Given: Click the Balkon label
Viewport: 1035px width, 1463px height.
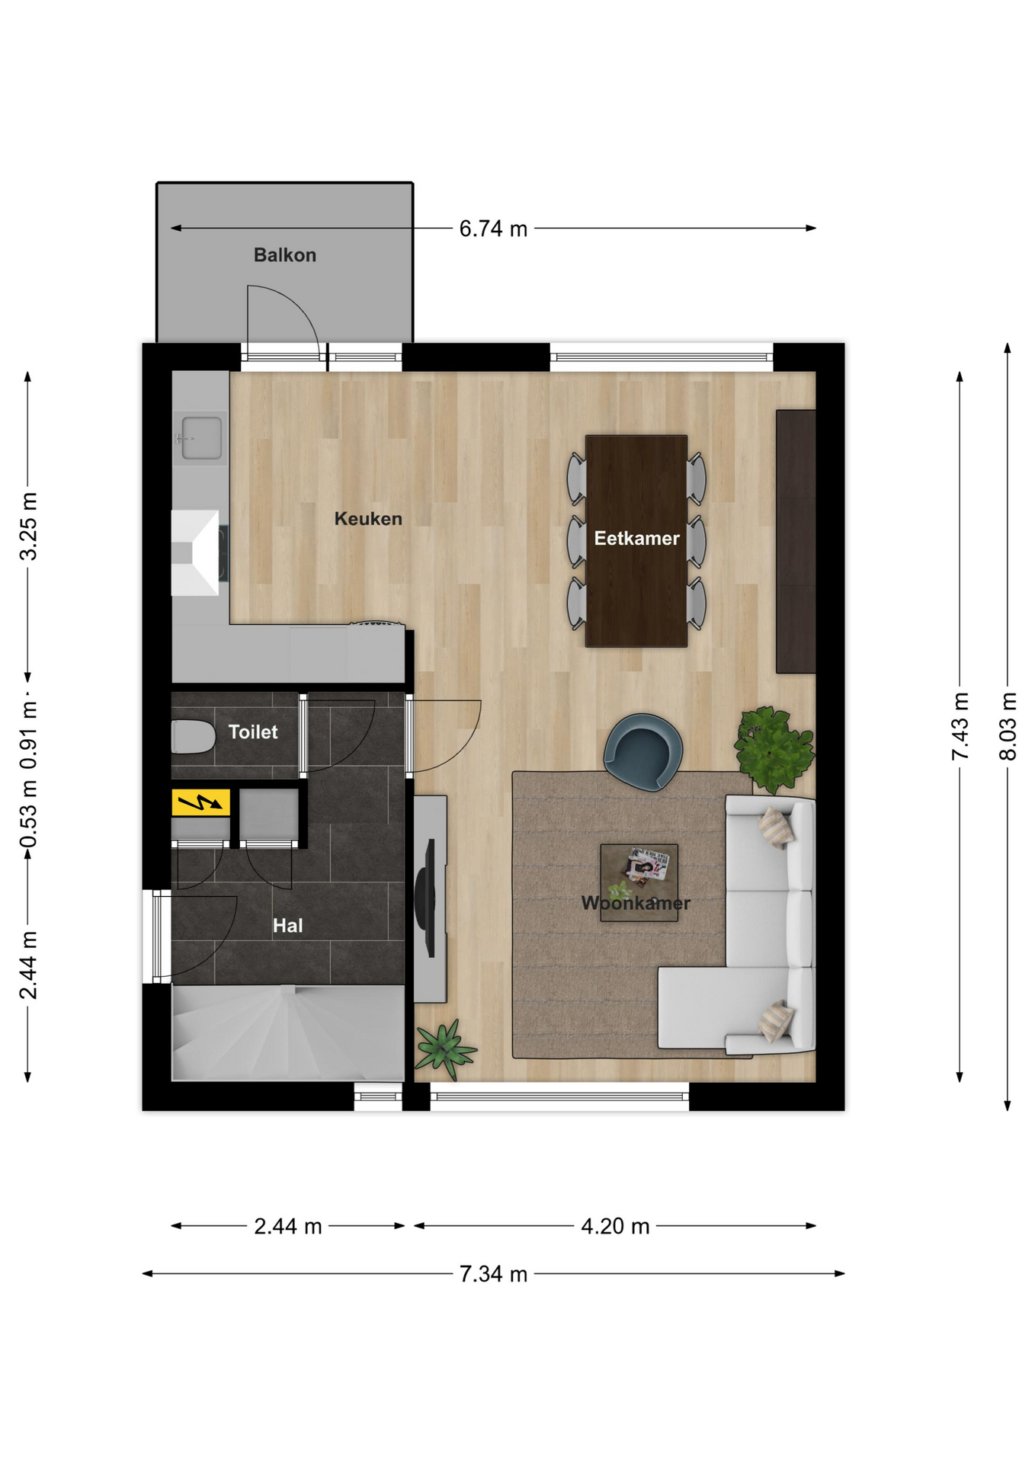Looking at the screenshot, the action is [x=284, y=255].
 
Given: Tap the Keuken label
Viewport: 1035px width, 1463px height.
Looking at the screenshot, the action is [x=368, y=519].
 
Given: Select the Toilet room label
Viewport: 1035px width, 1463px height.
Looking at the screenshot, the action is [x=253, y=732].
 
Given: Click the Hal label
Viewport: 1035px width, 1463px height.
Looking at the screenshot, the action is [x=287, y=926].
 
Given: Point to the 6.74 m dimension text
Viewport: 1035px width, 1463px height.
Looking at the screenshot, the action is [x=493, y=229].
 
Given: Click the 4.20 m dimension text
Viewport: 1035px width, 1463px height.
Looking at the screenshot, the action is [x=615, y=1226].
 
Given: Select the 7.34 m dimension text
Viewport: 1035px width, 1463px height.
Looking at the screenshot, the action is [x=493, y=1273].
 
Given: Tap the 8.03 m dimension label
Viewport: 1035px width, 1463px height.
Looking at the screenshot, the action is [x=1008, y=726].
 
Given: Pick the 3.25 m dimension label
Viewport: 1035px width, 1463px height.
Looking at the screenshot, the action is [x=28, y=527].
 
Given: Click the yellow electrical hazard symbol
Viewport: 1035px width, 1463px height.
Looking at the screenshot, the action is [x=201, y=802].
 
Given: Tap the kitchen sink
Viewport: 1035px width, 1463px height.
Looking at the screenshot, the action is [x=201, y=438].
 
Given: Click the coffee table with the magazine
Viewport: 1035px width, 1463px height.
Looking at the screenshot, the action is [x=639, y=882].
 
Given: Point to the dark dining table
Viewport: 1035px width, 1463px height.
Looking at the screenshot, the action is [x=636, y=541].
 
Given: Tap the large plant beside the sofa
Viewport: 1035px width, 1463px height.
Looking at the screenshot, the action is [x=774, y=749].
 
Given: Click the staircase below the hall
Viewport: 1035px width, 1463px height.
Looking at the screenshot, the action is [x=288, y=1032].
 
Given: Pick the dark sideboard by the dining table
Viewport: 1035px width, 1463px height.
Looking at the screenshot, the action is [x=796, y=542].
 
